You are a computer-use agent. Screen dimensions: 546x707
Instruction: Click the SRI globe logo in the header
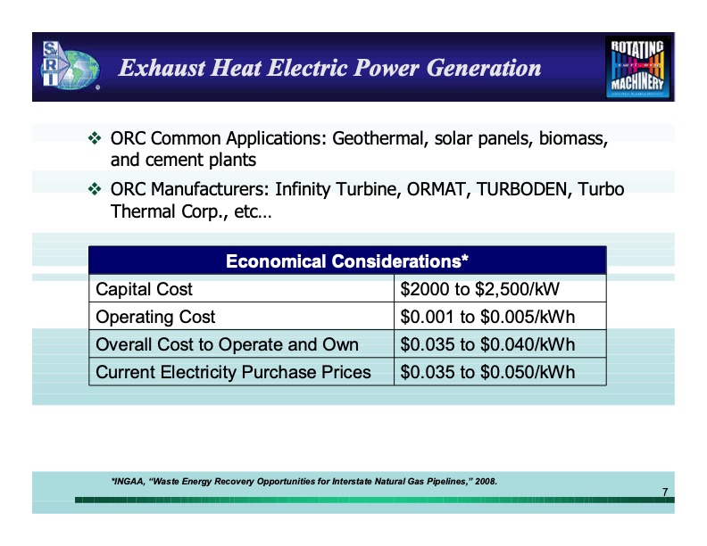pyautogui.click(x=66, y=66)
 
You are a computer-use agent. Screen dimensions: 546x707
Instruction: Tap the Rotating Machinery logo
pyautogui.click(x=639, y=67)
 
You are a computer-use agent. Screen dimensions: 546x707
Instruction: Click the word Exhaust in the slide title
pyautogui.click(x=160, y=68)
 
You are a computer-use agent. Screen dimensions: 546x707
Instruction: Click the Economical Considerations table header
pyautogui.click(x=347, y=261)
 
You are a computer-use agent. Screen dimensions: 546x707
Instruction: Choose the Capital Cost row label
pyautogui.click(x=144, y=290)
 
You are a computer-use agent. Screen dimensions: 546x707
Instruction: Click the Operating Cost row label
pyautogui.click(x=155, y=318)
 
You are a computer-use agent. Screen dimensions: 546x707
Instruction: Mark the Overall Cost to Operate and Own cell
pyautogui.click(x=227, y=344)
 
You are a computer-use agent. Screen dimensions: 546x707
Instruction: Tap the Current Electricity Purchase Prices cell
pyautogui.click(x=233, y=372)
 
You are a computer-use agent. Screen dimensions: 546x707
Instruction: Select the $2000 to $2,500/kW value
pyautogui.click(x=479, y=290)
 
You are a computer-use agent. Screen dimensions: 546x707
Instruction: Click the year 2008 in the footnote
pyautogui.click(x=486, y=482)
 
